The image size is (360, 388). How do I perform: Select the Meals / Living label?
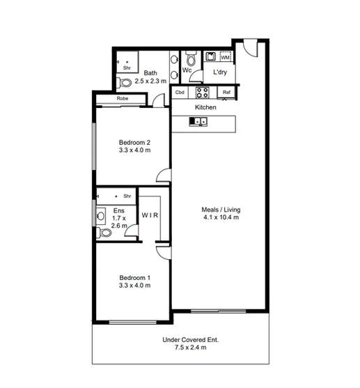(x=220, y=209)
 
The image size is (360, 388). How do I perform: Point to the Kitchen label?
(x=205, y=108)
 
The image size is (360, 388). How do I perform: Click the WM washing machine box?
(x=225, y=57)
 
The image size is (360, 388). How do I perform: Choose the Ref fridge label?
(x=226, y=92)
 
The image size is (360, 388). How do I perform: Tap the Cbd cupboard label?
(x=180, y=92)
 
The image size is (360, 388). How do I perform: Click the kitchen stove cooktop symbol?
(x=202, y=91)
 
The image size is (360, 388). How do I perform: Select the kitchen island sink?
(x=199, y=122)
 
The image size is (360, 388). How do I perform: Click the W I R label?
(x=151, y=215)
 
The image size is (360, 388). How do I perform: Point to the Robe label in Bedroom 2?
(x=123, y=99)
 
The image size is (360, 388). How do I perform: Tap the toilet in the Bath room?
(x=125, y=83)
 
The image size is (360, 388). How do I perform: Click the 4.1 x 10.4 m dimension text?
(x=220, y=217)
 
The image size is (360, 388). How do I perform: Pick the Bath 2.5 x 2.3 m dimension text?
(x=150, y=81)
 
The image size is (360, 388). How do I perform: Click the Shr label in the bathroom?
(x=127, y=68)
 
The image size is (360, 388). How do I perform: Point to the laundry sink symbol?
(x=211, y=57)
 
